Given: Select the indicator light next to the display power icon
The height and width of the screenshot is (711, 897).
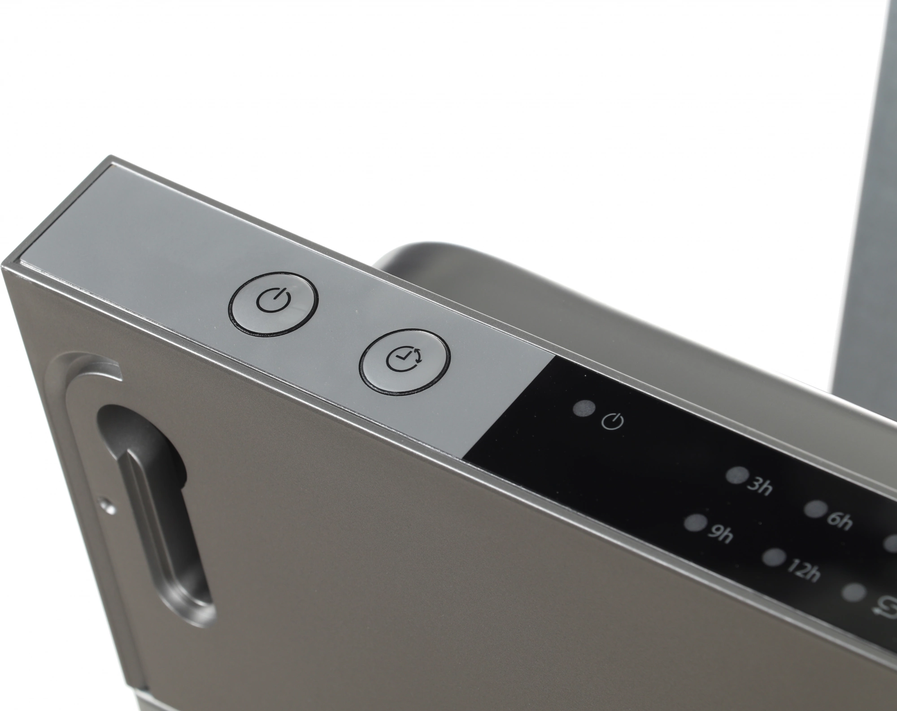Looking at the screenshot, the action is tap(583, 408).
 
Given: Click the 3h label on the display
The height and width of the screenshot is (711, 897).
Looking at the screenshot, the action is tap(758, 487).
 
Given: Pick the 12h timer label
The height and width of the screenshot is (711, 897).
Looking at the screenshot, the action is tap(803, 572).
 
